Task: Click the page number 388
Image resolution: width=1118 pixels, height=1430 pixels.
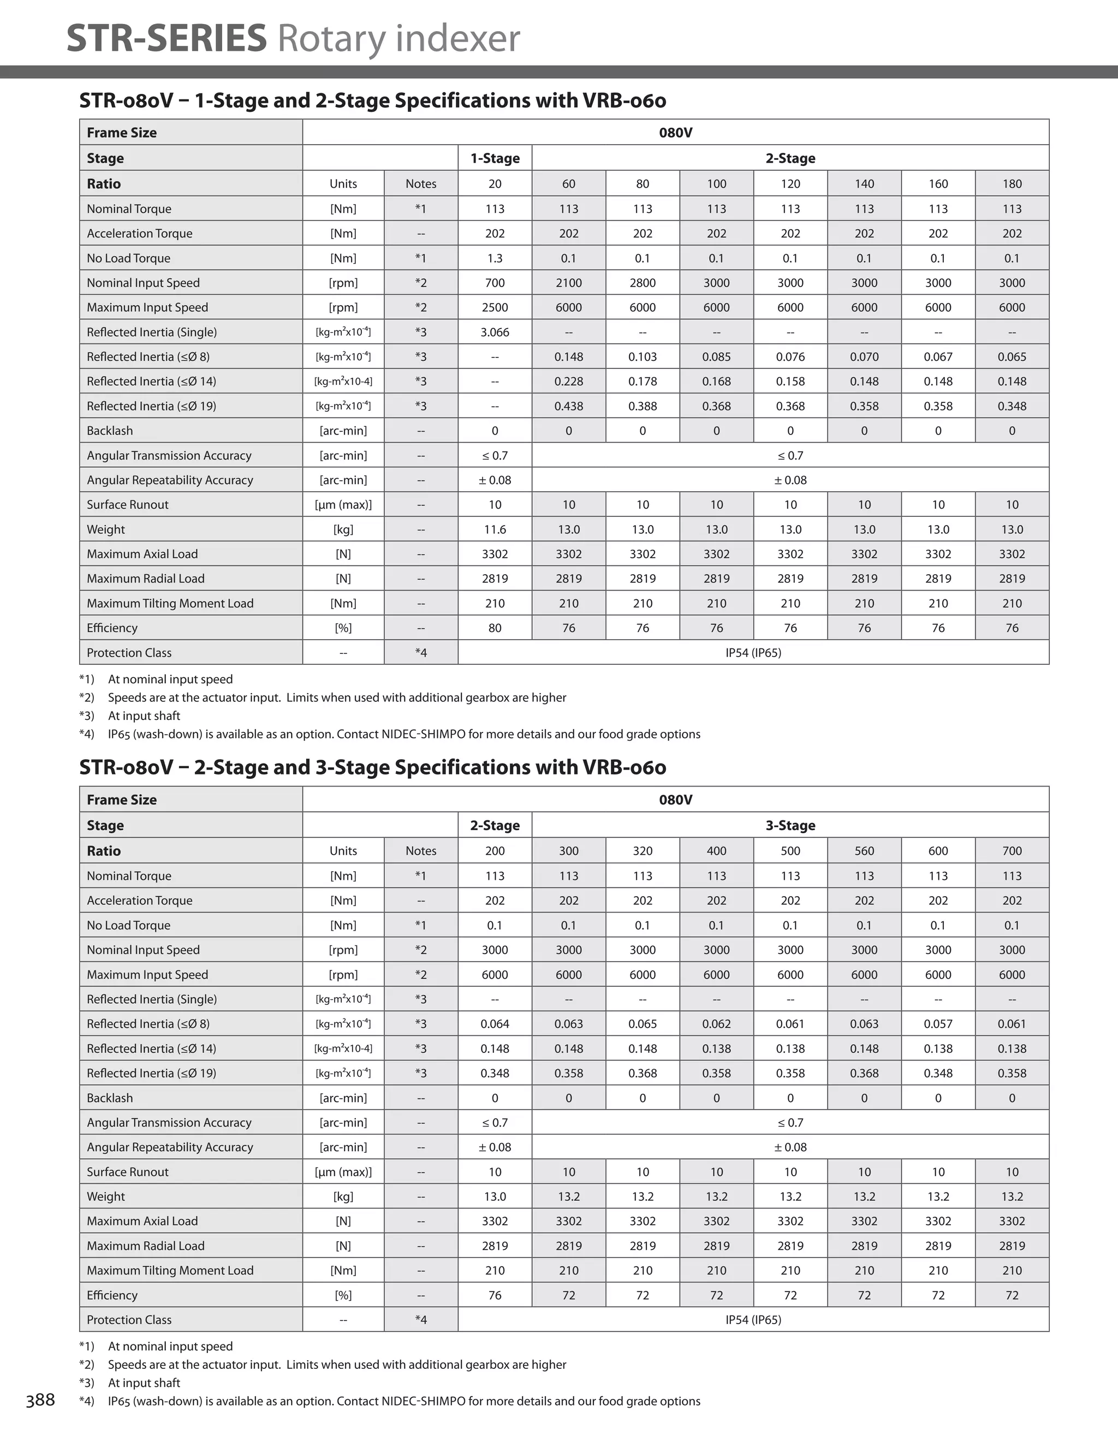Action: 40,1401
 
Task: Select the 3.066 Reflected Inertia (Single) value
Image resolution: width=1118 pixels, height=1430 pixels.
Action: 495,332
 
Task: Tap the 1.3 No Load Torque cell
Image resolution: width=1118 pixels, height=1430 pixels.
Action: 495,258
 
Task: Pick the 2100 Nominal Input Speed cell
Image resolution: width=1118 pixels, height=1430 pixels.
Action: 568,283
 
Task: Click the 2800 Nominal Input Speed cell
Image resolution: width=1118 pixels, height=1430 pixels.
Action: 643,283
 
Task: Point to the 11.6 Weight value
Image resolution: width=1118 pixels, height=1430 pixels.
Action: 495,529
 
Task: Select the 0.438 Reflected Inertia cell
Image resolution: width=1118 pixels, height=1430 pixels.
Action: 568,406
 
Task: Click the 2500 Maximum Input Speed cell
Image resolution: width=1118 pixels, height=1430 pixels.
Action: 495,307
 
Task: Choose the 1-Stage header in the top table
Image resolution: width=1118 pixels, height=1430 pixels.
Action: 495,158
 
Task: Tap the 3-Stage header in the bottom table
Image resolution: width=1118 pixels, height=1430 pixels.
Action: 790,825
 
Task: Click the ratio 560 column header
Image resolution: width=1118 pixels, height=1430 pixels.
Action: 864,850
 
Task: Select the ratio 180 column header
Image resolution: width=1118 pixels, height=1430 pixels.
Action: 1012,183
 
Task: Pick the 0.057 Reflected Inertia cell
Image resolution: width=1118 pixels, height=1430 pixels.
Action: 938,1023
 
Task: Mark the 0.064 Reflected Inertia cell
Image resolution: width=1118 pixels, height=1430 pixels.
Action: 495,1023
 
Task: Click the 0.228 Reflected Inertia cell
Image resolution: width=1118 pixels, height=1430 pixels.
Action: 568,381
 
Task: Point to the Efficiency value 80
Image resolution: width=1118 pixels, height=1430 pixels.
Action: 495,628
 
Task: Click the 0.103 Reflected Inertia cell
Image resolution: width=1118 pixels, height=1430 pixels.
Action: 643,357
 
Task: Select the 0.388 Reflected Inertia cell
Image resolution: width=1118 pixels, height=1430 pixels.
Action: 643,406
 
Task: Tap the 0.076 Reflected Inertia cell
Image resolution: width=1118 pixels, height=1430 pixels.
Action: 790,357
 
